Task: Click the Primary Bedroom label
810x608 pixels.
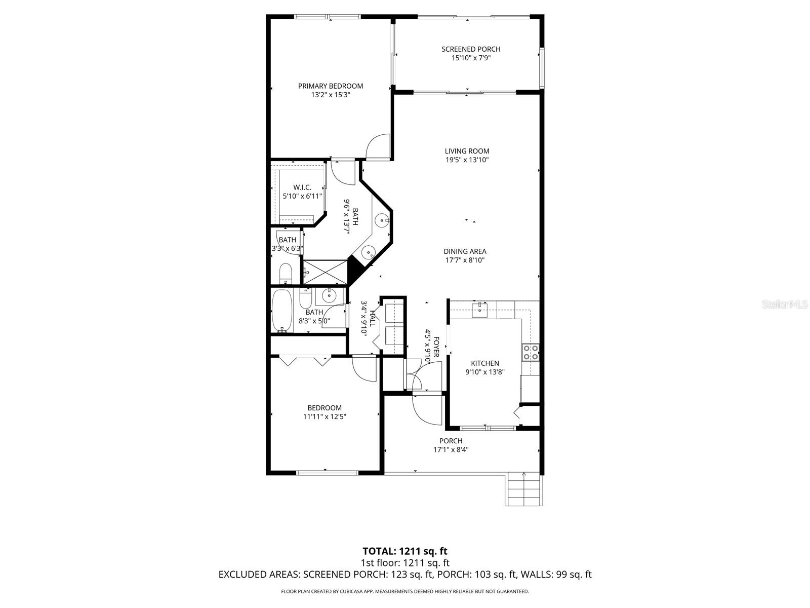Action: tap(330, 86)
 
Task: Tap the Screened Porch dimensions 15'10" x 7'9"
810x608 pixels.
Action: tap(471, 58)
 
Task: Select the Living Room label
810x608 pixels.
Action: tap(467, 151)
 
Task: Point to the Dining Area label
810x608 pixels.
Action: tap(465, 251)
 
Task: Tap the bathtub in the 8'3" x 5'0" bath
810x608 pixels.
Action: tap(282, 310)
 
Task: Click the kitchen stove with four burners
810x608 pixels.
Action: tap(531, 352)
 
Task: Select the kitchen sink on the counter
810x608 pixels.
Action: tap(479, 309)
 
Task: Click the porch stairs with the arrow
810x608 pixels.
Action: tap(524, 489)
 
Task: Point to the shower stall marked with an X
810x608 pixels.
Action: tap(325, 272)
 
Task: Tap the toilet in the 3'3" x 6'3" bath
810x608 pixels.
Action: tap(286, 274)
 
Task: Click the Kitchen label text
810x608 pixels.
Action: tap(485, 363)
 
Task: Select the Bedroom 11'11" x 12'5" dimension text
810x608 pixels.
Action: tap(325, 417)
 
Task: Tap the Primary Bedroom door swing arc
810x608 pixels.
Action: tap(377, 146)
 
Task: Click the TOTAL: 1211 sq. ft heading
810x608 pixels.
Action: tap(405, 551)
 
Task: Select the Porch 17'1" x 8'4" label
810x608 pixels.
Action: tap(451, 445)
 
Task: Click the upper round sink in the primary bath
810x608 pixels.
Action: tap(382, 220)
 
